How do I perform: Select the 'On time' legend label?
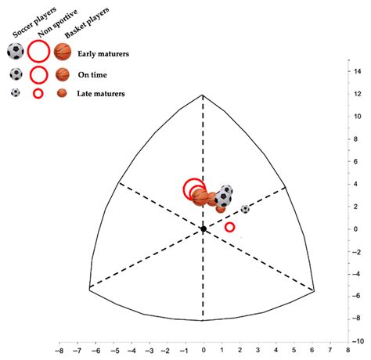tap(94, 74)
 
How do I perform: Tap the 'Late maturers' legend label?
tap(102, 94)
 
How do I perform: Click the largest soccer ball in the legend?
tap(16, 52)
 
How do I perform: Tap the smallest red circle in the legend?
tap(38, 94)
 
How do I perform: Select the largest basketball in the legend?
tap(63, 52)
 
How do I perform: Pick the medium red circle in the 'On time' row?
tap(38, 75)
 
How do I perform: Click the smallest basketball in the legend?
tap(62, 94)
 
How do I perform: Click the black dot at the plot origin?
tap(203, 229)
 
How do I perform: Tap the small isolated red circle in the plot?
tap(229, 227)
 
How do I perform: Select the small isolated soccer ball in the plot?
tap(245, 209)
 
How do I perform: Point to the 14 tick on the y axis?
tap(357, 71)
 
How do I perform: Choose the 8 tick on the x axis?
tap(347, 352)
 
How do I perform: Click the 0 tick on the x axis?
tap(203, 352)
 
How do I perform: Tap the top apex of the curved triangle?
tap(203, 95)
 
